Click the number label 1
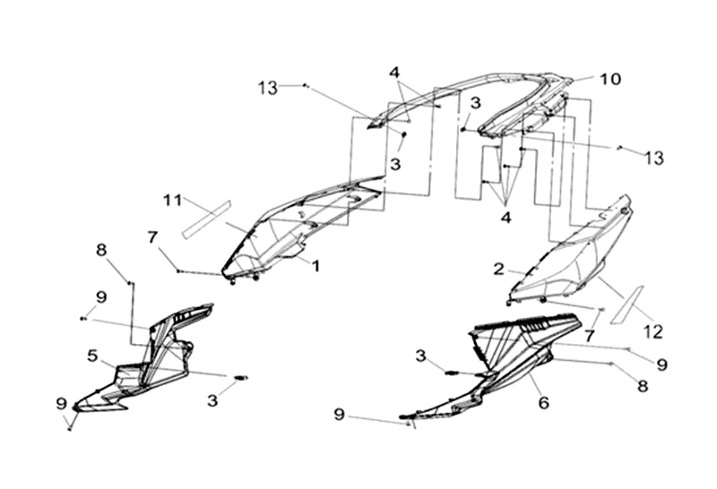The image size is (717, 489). coord(315,265)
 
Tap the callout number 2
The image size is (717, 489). coord(499,269)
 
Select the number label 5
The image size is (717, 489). coord(92,355)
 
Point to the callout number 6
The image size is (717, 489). coord(543,403)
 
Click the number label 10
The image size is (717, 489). coord(610,79)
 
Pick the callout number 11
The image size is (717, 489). coord(173,201)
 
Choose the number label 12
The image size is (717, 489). coord(653,331)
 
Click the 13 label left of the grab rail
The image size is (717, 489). coord(268,88)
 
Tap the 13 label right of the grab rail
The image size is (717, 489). coord(654,159)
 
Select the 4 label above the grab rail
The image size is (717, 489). coord(394,73)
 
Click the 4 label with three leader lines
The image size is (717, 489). coord(505,218)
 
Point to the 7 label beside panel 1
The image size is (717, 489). coord(152,237)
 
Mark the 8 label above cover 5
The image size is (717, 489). coord(101,250)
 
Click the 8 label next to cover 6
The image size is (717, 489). coord(643,386)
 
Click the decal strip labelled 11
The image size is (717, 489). coord(207,219)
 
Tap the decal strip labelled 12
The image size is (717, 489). coord(627,305)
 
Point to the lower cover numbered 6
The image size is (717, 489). coord(494,365)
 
